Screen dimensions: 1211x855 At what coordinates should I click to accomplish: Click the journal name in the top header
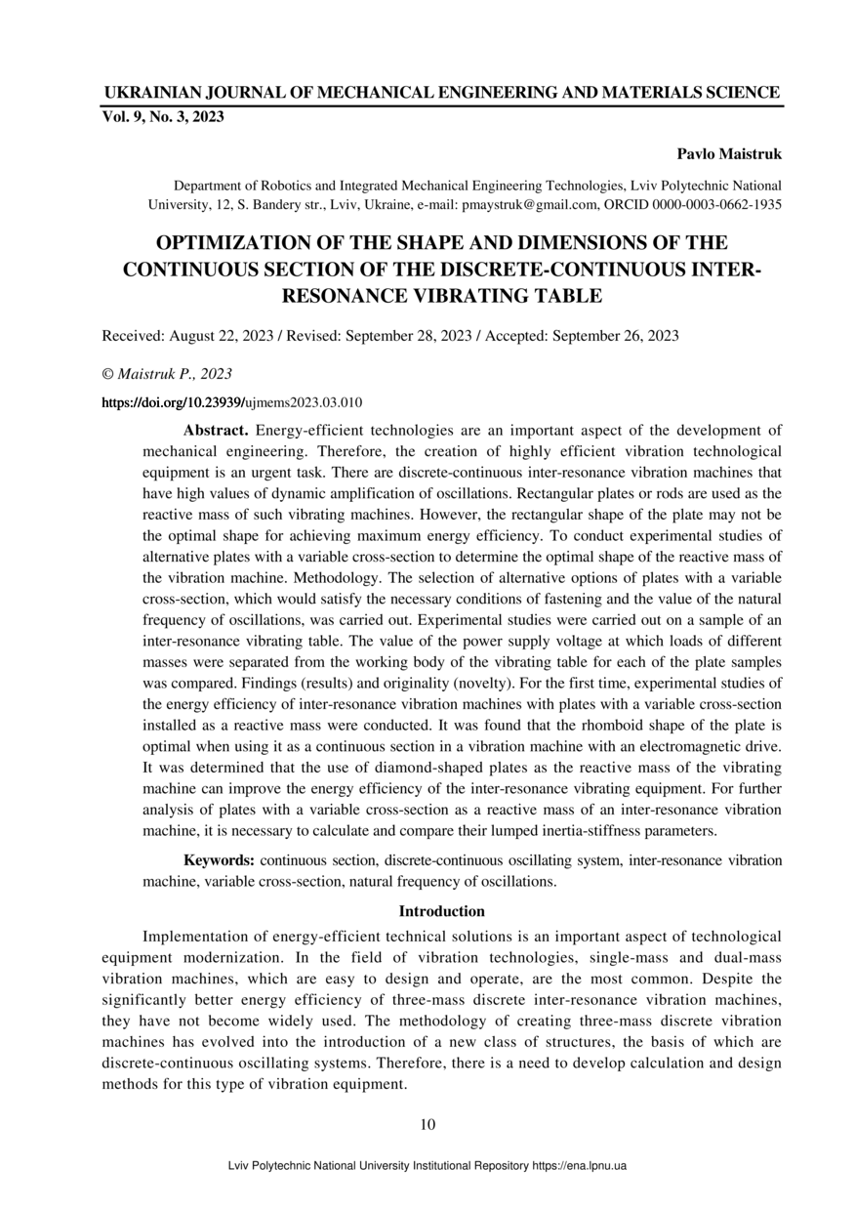click(x=441, y=93)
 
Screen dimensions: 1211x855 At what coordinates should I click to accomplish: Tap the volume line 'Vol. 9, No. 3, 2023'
click(x=163, y=117)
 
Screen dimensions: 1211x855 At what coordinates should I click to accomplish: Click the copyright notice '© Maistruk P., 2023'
click(x=167, y=374)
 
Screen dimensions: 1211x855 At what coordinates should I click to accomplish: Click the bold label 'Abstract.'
click(x=217, y=430)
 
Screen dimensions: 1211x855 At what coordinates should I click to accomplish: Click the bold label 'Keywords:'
click(x=220, y=860)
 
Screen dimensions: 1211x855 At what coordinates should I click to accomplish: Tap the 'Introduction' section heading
click(x=441, y=911)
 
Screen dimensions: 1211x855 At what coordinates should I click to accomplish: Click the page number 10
click(x=427, y=1124)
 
